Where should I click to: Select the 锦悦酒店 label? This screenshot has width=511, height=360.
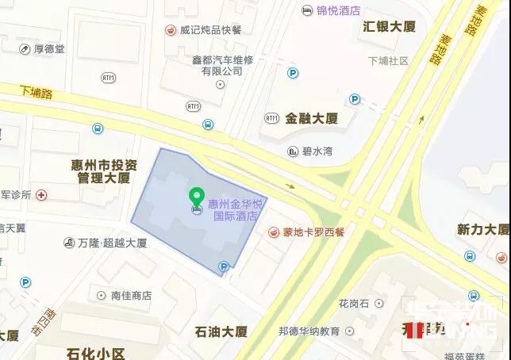[x=338, y=10]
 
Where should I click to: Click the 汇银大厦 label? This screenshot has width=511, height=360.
[x=389, y=26]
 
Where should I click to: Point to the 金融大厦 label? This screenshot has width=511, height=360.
[x=312, y=118]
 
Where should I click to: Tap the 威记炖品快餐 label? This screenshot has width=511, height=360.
[x=210, y=30]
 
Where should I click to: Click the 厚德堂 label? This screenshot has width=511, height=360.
[x=49, y=49]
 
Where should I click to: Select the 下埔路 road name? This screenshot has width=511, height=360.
[x=36, y=93]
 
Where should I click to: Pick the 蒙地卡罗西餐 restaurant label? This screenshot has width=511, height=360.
[x=314, y=233]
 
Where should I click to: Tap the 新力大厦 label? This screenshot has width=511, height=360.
[x=482, y=229]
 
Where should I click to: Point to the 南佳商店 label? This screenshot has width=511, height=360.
[x=131, y=295]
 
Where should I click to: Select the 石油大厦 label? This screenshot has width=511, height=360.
[x=221, y=331]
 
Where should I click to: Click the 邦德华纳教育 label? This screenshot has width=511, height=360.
[x=309, y=331]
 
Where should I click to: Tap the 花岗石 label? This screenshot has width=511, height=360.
[x=355, y=303]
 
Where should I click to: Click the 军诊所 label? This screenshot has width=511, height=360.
[x=16, y=194]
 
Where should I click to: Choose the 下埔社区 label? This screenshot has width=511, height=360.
[x=388, y=61]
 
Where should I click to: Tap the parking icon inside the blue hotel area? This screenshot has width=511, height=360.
[x=224, y=266]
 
